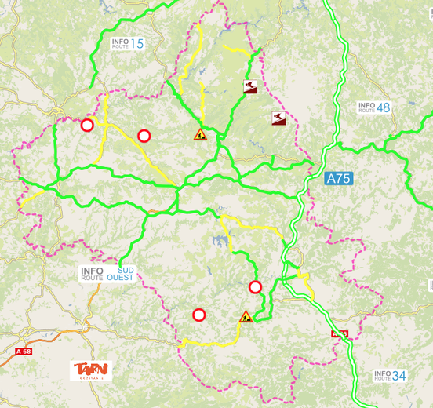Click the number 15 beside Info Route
pyautogui.click(x=137, y=44)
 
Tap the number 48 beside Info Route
pyautogui.click(x=383, y=107)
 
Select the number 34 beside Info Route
pyautogui.click(x=399, y=376)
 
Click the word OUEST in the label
pyautogui.click(x=120, y=278)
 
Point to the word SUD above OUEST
pyautogui.click(x=126, y=270)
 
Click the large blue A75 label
pyautogui.click(x=339, y=179)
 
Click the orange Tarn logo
pyautogui.click(x=92, y=370)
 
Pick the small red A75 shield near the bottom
pyautogui.click(x=339, y=334)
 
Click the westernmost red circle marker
pyautogui.click(x=87, y=125)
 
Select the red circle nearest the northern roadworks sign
pyautogui.click(x=144, y=136)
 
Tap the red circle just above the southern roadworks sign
pyautogui.click(x=255, y=286)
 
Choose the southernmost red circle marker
pyautogui.click(x=199, y=315)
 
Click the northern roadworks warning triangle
pyautogui.click(x=200, y=135)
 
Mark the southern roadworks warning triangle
pyautogui.click(x=246, y=317)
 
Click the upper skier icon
pyautogui.click(x=249, y=87)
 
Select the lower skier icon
pyautogui.click(x=278, y=118)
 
